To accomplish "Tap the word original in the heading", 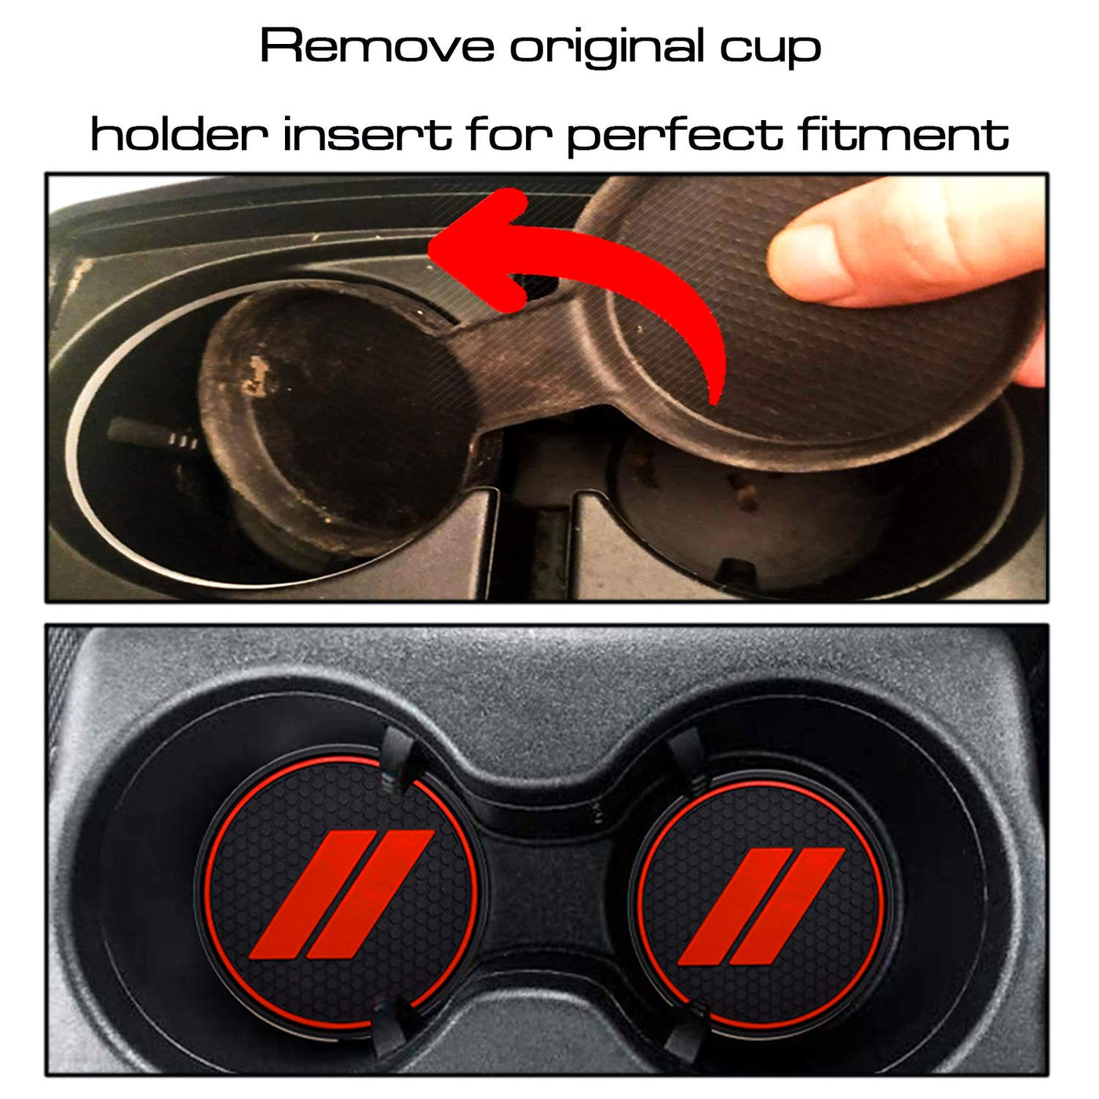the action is (x=607, y=49).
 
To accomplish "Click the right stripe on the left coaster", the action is (x=371, y=894).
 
